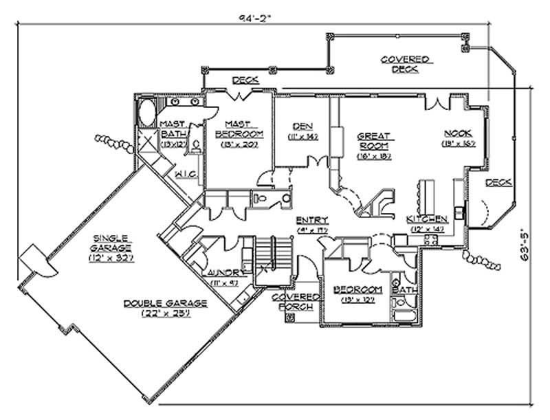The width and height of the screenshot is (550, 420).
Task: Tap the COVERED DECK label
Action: pyautogui.click(x=406, y=65)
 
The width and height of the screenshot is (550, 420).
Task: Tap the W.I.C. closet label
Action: pyautogui.click(x=186, y=176)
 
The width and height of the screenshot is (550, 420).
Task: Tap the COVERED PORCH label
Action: pyautogui.click(x=296, y=301)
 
